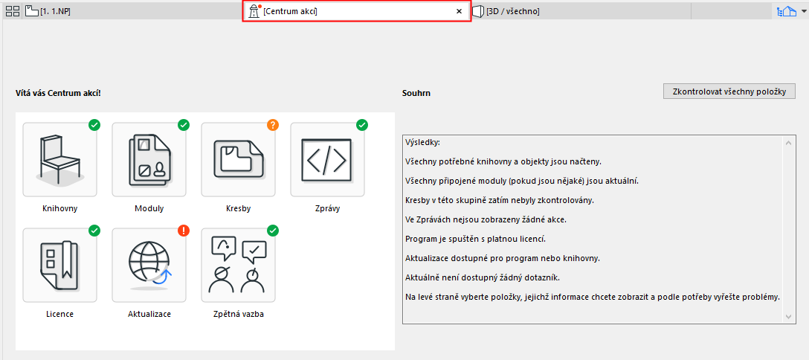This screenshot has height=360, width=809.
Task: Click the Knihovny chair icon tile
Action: point(59,160)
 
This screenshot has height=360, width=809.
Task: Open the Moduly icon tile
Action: point(149,160)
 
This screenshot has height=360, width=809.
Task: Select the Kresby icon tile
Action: point(239,160)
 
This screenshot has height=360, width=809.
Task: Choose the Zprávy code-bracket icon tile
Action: point(328,160)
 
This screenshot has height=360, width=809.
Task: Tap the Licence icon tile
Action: point(59,265)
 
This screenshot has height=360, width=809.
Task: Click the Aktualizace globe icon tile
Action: point(149,265)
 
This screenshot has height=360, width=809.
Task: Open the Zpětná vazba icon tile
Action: point(239,265)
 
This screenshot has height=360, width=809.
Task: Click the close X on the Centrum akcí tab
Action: point(460,11)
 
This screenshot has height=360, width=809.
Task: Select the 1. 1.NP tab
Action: point(48,11)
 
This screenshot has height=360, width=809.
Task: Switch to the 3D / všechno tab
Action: point(506,11)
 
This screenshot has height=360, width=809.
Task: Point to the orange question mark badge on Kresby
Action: point(273,125)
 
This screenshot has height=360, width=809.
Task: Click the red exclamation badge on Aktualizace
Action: point(184,230)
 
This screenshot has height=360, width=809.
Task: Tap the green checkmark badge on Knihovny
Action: point(94,125)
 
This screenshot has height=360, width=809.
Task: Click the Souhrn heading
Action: point(416,94)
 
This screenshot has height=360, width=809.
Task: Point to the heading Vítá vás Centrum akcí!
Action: point(58,94)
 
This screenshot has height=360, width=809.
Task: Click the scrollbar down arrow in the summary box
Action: point(788,316)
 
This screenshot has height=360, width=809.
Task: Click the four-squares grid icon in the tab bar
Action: point(12,11)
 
